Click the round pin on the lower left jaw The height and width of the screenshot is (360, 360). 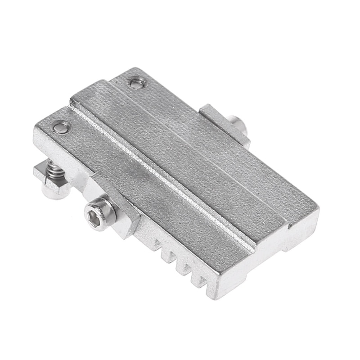point(62,128)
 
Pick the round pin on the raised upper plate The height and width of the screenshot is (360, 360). point(136,82)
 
